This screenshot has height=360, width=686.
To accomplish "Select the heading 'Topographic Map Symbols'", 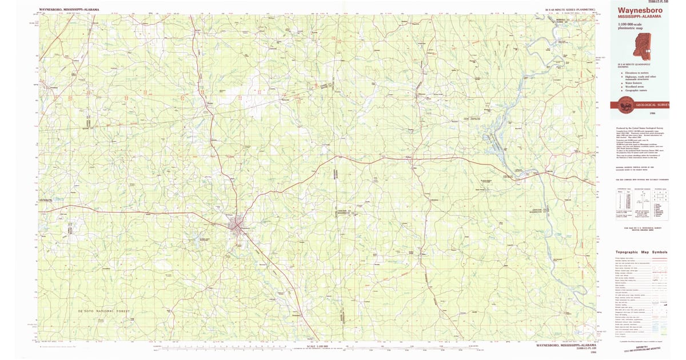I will (641, 252).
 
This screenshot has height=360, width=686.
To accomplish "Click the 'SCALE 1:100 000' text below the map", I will (316, 346).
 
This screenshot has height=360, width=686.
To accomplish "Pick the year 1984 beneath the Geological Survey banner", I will (644, 114).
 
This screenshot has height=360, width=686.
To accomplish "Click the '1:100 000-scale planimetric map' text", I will (631, 26).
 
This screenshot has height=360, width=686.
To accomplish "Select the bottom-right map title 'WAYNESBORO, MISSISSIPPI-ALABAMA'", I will (566, 346).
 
